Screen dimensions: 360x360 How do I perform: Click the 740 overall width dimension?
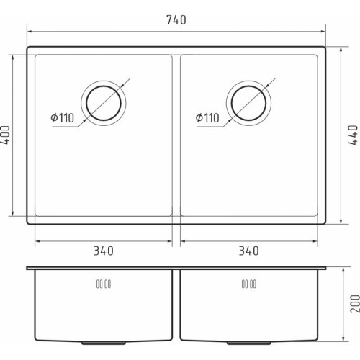point(176,20)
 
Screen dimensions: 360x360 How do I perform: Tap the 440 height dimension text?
point(353,135)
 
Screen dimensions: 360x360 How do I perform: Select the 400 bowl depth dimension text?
point(5,135)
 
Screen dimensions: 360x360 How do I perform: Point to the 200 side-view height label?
point(355,304)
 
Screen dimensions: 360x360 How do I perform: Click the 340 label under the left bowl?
point(103,251)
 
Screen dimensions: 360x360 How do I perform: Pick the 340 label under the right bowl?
point(248,251)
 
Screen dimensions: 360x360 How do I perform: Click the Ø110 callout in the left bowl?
point(63,118)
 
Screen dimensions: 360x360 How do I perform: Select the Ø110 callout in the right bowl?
point(207,118)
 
